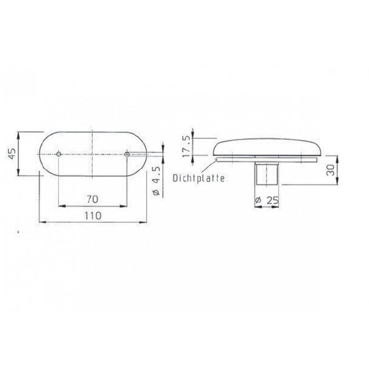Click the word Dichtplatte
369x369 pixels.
pyautogui.click(x=199, y=179)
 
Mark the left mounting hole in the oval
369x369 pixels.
pyautogui.click(x=59, y=154)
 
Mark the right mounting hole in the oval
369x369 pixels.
pyautogui.click(x=127, y=154)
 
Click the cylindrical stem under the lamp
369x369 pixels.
pyautogui.click(x=266, y=174)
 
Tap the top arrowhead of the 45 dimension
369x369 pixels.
pyautogui.click(x=20, y=133)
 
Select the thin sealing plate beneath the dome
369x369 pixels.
pyautogui.click(x=266, y=158)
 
